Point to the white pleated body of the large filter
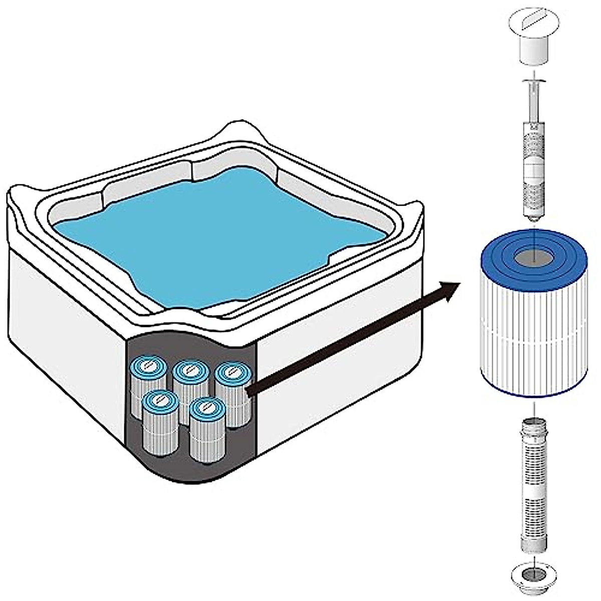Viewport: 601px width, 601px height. [x=533, y=341]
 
